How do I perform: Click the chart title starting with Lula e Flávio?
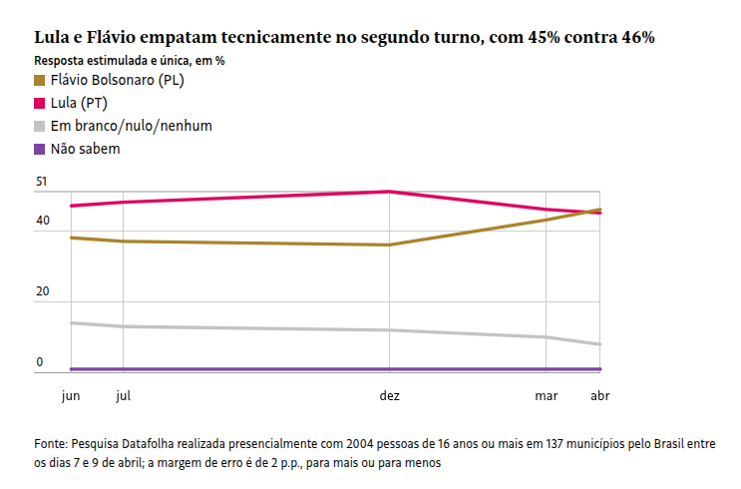coord(344,38)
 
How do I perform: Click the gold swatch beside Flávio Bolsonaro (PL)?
coord(40,81)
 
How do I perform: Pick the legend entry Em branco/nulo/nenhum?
coord(131,127)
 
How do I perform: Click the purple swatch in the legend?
coord(40,149)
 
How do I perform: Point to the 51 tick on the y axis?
coord(41,182)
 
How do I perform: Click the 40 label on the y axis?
coord(41,221)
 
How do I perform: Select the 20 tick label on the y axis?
coord(41,291)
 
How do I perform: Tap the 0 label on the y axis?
coord(41,362)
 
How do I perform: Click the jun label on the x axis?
coord(71,396)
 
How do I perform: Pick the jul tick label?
coord(123,396)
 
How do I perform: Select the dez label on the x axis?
coord(390,396)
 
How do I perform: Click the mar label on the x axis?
coord(547,396)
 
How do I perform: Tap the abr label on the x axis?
coord(600,396)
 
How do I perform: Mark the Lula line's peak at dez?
coord(390,192)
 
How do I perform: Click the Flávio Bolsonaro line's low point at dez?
coord(390,244)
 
